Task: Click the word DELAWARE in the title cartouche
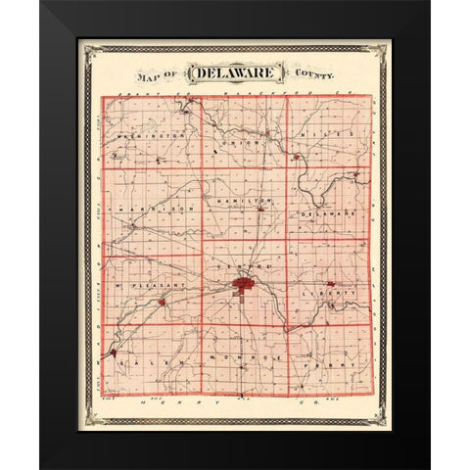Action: pyautogui.click(x=232, y=73)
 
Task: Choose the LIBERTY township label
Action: pyautogui.click(x=333, y=292)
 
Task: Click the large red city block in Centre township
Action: pyautogui.click(x=242, y=286)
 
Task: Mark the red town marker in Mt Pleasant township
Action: pyautogui.click(x=162, y=302)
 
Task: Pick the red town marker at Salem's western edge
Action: pyautogui.click(x=115, y=351)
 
